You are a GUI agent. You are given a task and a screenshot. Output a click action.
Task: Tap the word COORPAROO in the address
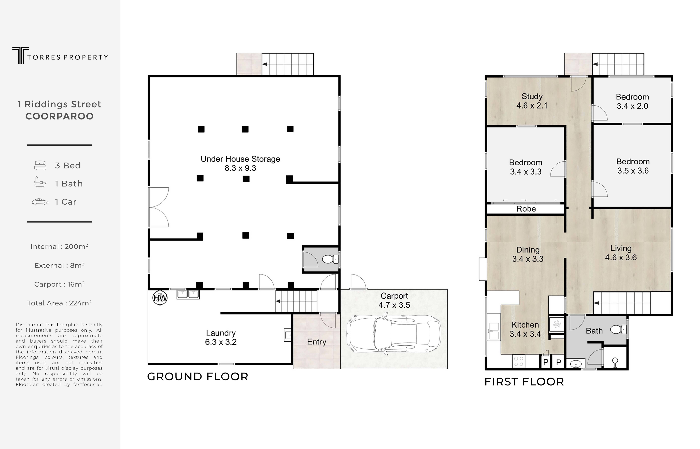click(60, 116)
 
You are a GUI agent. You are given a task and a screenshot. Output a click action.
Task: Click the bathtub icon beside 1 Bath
click(40, 182)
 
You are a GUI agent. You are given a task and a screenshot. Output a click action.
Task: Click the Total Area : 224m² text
click(59, 303)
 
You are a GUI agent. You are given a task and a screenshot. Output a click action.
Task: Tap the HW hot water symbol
click(160, 298)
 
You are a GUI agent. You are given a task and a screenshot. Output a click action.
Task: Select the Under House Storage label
click(240, 163)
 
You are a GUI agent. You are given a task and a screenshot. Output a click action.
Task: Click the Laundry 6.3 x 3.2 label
click(221, 337)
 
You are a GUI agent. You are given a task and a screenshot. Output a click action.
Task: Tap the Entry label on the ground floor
click(317, 342)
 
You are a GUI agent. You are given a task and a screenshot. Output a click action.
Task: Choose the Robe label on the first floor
click(526, 209)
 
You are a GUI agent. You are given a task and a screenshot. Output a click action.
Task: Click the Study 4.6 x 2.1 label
click(532, 101)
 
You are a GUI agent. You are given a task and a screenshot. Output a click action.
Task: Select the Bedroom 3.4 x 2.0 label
click(632, 102)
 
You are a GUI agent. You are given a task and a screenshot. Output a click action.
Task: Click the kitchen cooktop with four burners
click(519, 361)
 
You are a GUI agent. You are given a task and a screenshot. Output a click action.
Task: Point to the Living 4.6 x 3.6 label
click(621, 253)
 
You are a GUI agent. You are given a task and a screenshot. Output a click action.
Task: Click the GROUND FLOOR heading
click(198, 377)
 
